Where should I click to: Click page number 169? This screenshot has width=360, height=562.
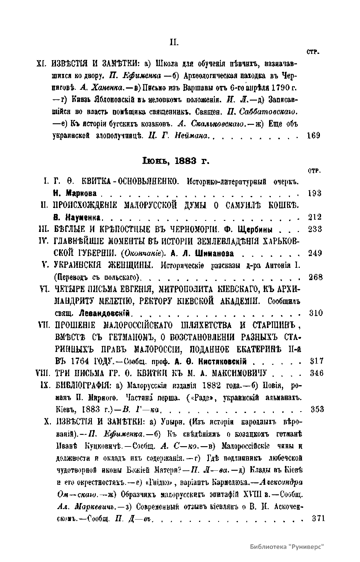click(x=314, y=135)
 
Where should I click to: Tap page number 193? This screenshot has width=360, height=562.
click(x=315, y=193)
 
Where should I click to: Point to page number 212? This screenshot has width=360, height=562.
click(x=315, y=217)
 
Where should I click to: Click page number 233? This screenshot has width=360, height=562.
click(x=315, y=229)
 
